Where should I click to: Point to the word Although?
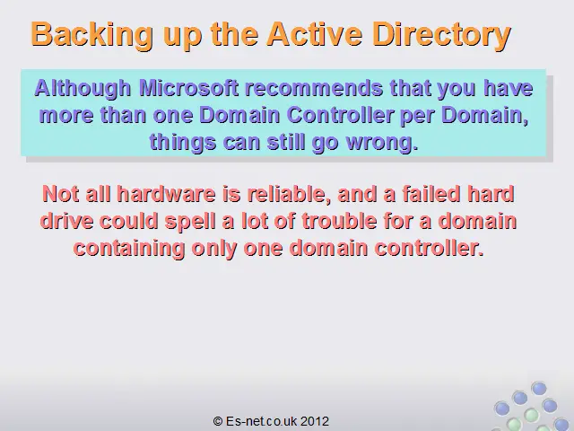[x=83, y=89]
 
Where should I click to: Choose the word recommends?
[x=314, y=88]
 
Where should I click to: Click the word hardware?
[x=166, y=194]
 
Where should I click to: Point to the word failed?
[x=430, y=194]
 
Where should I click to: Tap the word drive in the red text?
[x=66, y=221]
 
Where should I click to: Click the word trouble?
[x=339, y=221]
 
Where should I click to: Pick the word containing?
[x=129, y=249]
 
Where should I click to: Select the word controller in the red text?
[x=429, y=248]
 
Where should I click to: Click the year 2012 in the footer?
[x=315, y=421]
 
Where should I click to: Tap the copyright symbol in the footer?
[x=218, y=421]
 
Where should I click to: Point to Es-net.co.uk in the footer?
[x=261, y=421]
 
